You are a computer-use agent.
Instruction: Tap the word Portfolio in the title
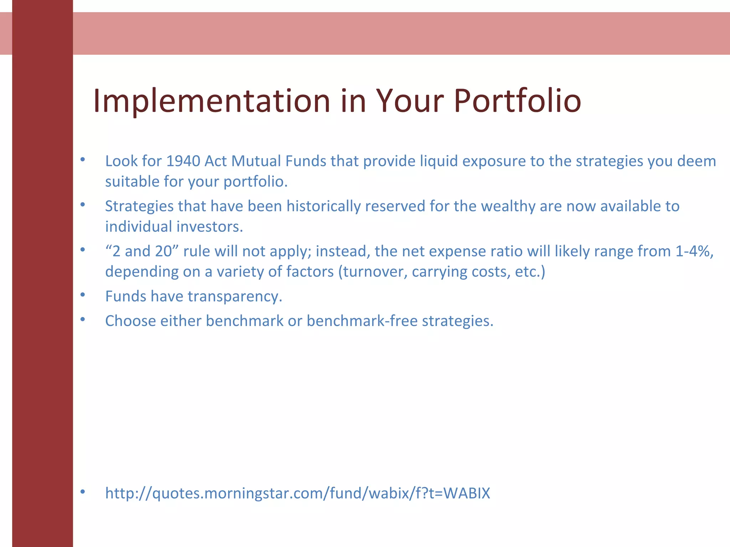517,101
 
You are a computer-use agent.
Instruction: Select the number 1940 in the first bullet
183,161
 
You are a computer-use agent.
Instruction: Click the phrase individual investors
174,227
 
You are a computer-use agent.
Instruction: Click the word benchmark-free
362,321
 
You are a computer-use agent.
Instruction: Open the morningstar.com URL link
298,494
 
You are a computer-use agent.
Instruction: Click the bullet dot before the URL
83,492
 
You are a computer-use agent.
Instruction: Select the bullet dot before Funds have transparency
83,295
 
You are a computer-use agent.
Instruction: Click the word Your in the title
410,101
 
